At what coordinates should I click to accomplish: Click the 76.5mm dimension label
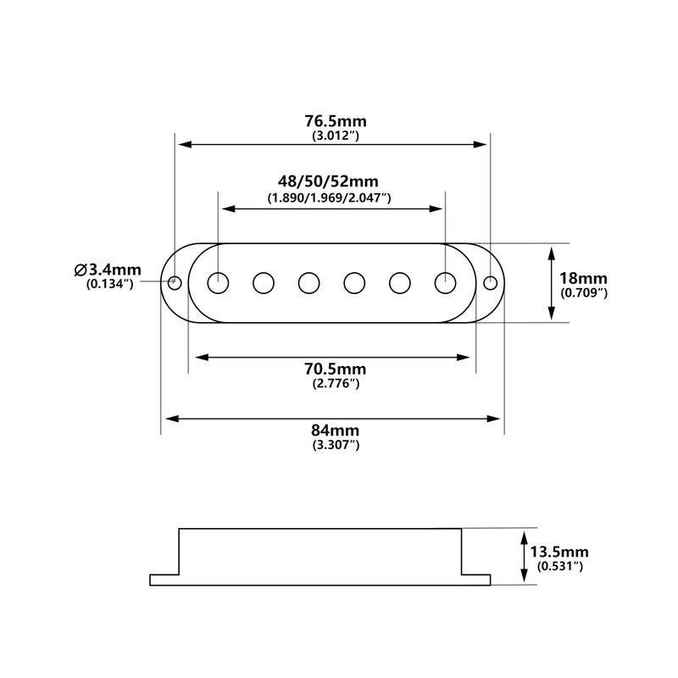click(336, 121)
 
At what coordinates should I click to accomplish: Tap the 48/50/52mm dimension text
click(328, 181)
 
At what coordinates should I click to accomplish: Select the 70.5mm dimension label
click(335, 369)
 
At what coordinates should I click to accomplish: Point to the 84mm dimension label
click(335, 431)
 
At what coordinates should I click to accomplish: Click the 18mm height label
click(583, 278)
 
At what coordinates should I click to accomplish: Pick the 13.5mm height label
click(559, 552)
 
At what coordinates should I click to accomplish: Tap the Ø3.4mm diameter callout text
click(108, 270)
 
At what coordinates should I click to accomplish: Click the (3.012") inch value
click(336, 136)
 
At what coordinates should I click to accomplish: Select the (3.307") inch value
click(336, 445)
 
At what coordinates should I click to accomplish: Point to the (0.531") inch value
click(560, 566)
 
